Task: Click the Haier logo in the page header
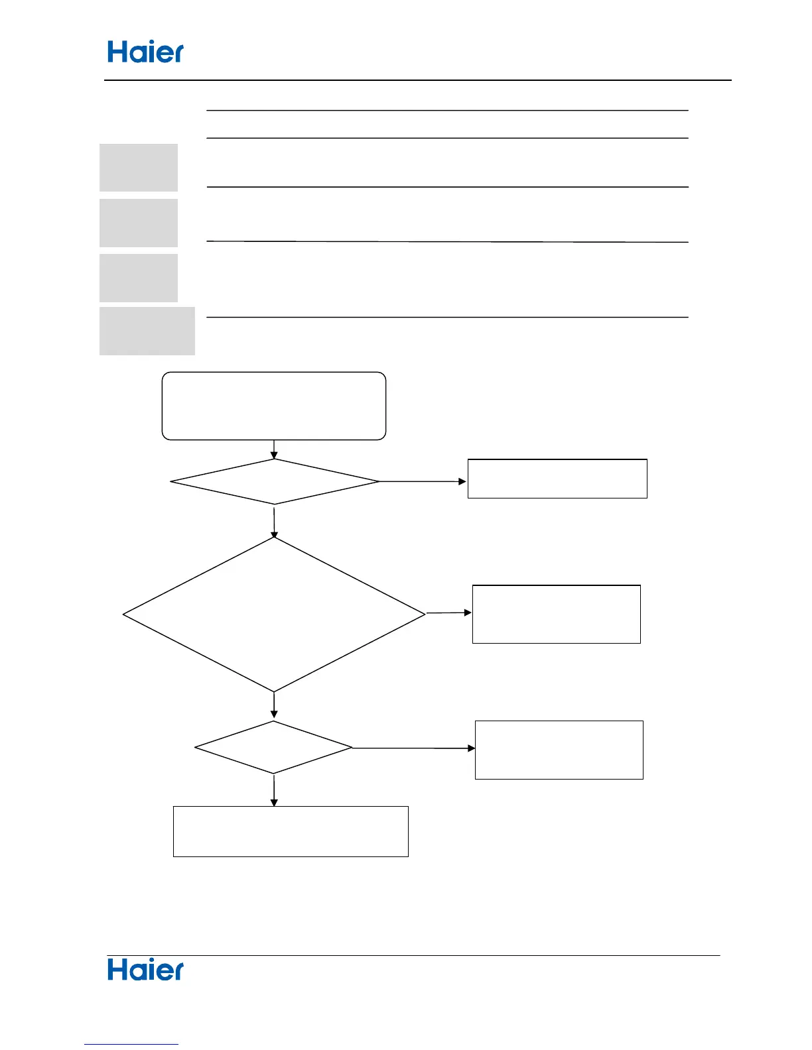tap(145, 52)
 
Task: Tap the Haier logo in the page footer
tap(145, 970)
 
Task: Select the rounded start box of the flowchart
tap(274, 406)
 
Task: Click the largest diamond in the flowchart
tap(274, 614)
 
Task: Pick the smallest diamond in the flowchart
tap(273, 747)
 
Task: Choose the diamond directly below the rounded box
tap(274, 481)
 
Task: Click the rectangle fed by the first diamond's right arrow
tap(557, 479)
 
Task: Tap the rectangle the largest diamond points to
tap(556, 614)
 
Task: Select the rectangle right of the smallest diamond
tap(559, 750)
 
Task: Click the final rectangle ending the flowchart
tap(291, 831)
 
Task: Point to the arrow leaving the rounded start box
tap(274, 449)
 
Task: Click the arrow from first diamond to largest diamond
tap(274, 521)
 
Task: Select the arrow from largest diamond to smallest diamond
tap(274, 706)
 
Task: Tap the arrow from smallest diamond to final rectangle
tap(274, 790)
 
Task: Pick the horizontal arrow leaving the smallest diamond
tap(413, 748)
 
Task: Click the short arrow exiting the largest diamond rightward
tap(448, 613)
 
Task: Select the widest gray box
tap(147, 331)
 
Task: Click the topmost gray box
tap(139, 168)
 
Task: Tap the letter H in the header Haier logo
tap(117, 52)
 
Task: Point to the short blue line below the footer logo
tap(131, 1045)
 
